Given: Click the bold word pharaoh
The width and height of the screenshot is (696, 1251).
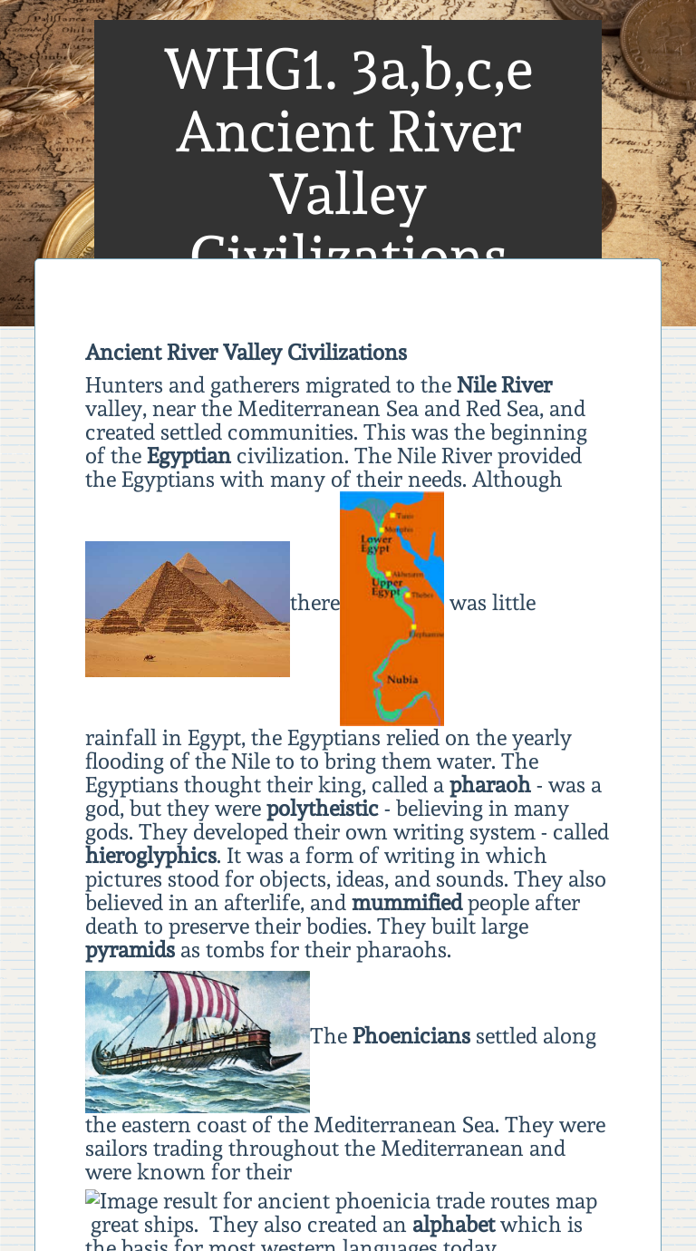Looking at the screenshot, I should click(x=489, y=785).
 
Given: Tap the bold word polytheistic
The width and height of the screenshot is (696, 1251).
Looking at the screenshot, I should click(x=322, y=809).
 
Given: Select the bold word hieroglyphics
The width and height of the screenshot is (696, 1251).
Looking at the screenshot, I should click(x=150, y=856).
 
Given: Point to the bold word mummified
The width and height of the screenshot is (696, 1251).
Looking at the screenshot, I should click(x=407, y=903).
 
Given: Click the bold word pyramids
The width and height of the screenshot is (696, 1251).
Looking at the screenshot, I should click(x=130, y=950).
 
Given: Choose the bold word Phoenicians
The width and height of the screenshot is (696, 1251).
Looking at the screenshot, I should click(x=411, y=1036).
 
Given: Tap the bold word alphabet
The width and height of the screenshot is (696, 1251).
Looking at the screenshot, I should click(x=453, y=1226).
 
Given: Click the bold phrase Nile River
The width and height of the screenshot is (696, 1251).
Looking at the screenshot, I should click(x=504, y=385).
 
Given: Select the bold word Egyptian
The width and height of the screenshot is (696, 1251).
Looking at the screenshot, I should click(x=188, y=456).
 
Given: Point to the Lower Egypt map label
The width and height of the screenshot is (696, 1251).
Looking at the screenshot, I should click(x=375, y=544).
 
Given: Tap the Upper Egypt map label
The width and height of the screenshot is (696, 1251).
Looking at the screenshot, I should click(x=387, y=587).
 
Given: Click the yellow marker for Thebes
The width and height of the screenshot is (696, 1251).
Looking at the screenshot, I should click(x=408, y=596).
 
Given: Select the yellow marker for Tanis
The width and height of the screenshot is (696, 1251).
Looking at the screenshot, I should click(x=392, y=516).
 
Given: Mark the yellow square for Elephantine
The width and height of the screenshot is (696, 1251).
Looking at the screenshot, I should click(x=413, y=627).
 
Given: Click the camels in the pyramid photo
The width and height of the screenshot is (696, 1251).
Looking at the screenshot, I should click(x=150, y=657).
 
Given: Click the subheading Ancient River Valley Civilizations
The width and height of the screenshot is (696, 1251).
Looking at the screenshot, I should click(x=246, y=353).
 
